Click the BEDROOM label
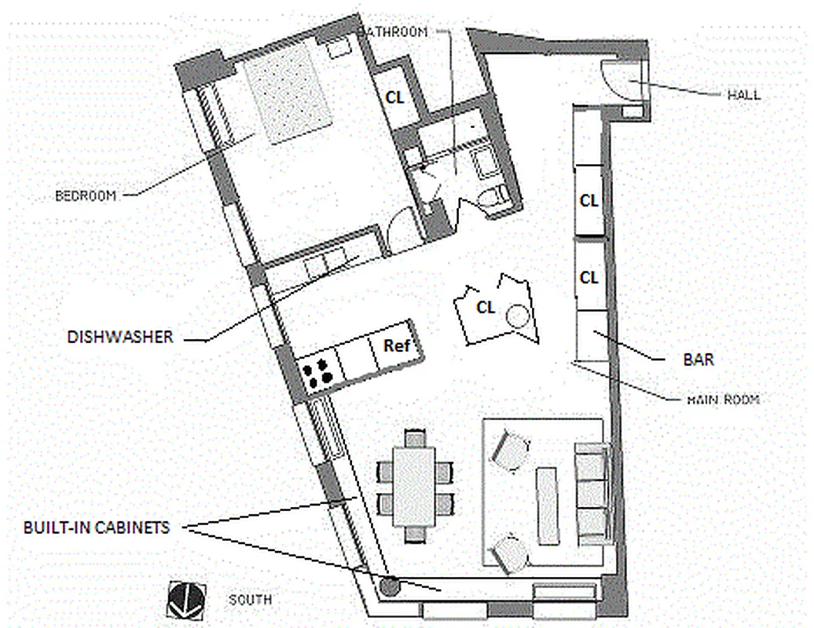click(x=86, y=195)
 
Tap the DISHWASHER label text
click(x=119, y=337)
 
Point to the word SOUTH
click(x=250, y=600)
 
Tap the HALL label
click(x=742, y=94)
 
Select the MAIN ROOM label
click(x=723, y=399)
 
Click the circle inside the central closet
click(x=518, y=317)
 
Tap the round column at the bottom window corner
click(x=387, y=585)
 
